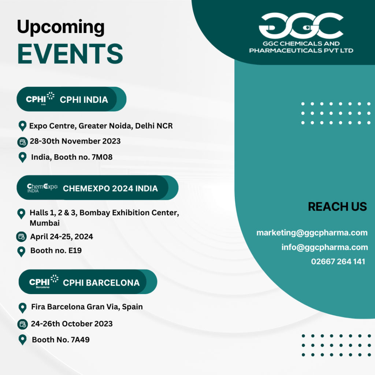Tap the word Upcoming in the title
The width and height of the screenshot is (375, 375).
tap(61, 28)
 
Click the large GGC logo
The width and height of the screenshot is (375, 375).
tap(301, 26)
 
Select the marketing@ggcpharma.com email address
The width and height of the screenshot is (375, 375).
tap(312, 233)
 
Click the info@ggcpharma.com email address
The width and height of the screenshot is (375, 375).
tap(324, 247)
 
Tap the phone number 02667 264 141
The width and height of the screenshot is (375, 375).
tap(338, 261)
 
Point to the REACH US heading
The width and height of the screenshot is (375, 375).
tap(337, 207)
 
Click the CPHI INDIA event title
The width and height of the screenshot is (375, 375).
tap(84, 100)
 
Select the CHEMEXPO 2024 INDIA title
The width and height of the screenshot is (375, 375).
tap(110, 189)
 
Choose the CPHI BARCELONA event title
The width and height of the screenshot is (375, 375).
tap(101, 283)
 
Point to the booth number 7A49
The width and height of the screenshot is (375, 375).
tap(79, 340)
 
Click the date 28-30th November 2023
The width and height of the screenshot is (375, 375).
tap(75, 141)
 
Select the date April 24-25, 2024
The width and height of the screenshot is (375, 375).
tap(62, 237)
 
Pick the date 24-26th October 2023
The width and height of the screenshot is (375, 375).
tap(71, 324)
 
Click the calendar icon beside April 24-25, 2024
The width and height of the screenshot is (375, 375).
tap(22, 237)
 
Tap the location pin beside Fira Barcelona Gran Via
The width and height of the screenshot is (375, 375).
tap(22, 308)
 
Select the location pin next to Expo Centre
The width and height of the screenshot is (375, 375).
tap(22, 126)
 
